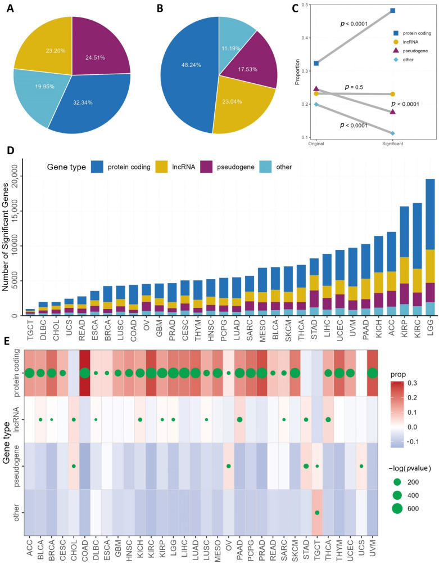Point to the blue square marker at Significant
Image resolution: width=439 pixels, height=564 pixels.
[392, 11]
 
